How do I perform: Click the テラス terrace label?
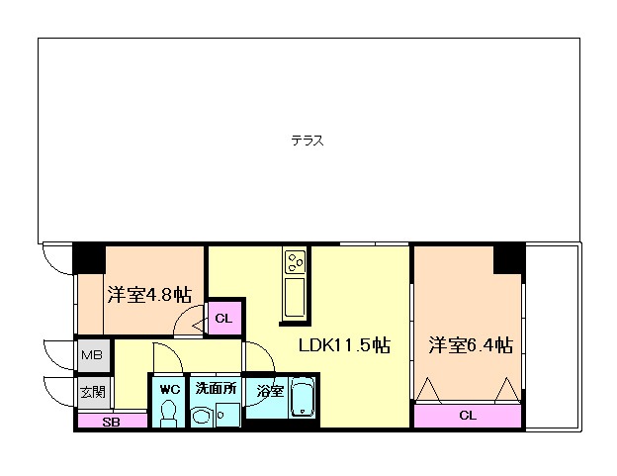[x=308, y=141]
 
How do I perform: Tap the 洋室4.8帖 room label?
[x=149, y=295]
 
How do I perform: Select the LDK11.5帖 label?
[x=344, y=345]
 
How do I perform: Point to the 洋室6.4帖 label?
[x=471, y=345]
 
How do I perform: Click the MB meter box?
[x=92, y=355]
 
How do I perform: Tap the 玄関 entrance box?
[x=93, y=392]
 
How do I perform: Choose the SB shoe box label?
[x=112, y=422]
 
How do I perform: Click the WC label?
[x=170, y=389]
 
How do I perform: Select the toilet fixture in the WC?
[x=169, y=414]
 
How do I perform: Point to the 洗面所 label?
[x=216, y=389]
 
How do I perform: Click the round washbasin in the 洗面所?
[x=202, y=417]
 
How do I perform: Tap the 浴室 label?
[x=270, y=391]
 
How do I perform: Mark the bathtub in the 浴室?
[x=303, y=397]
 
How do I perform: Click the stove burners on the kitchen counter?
[x=295, y=262]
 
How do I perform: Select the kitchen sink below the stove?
[x=295, y=297]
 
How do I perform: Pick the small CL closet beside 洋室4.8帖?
[x=223, y=318]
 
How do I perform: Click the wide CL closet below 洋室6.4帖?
[x=468, y=416]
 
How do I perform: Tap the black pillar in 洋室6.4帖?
[x=509, y=258]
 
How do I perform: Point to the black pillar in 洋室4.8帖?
[x=89, y=258]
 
